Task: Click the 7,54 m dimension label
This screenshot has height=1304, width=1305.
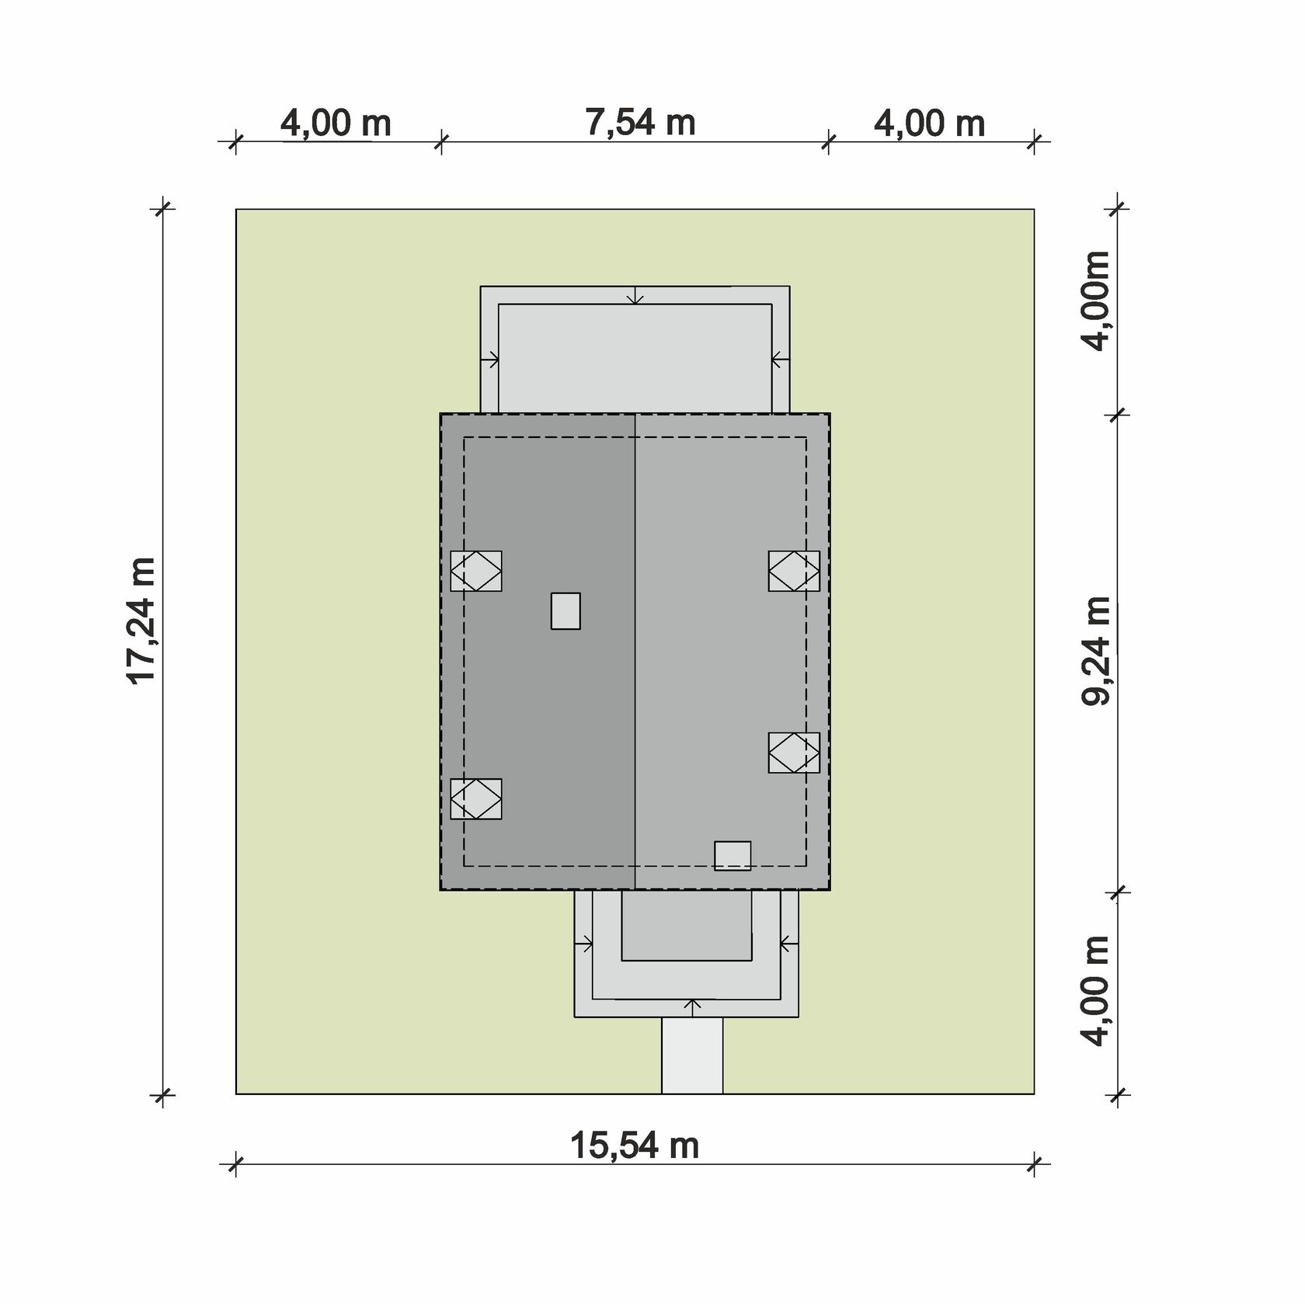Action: pyautogui.click(x=640, y=123)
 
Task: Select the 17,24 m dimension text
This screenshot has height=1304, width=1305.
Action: pyautogui.click(x=141, y=621)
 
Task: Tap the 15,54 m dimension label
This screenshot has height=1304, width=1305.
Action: pyautogui.click(x=635, y=1146)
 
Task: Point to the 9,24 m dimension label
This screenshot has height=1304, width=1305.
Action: pyautogui.click(x=1096, y=651)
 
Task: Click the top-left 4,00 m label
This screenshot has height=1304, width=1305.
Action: pyautogui.click(x=336, y=123)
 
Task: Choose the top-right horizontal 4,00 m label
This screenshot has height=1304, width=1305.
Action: pyautogui.click(x=930, y=123)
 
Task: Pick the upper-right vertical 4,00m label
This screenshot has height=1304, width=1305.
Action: pyautogui.click(x=1096, y=301)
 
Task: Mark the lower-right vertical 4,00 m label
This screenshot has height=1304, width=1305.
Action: pyautogui.click(x=1096, y=991)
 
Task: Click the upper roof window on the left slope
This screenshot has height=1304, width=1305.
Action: pyautogui.click(x=476, y=571)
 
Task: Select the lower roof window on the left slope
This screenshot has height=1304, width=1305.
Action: pyautogui.click(x=476, y=798)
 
